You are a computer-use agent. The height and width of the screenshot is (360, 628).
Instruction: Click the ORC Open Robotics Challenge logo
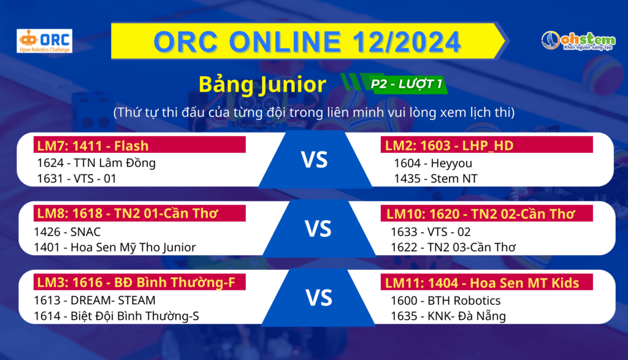[44, 41]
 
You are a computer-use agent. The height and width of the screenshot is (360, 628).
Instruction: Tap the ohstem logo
[578, 41]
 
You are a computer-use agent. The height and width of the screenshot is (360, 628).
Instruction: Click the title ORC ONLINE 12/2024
[307, 42]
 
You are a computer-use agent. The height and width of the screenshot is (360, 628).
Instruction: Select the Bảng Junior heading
[262, 85]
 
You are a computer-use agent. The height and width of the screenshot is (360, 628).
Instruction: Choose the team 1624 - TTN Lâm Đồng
[96, 163]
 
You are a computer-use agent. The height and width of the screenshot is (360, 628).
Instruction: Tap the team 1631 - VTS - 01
[77, 178]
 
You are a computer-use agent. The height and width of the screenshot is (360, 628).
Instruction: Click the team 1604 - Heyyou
[433, 163]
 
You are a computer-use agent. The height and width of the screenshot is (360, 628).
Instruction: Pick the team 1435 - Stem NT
[436, 178]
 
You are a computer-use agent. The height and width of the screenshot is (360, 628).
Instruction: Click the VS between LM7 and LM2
[315, 160]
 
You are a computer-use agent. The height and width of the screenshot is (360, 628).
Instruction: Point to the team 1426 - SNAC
[67, 232]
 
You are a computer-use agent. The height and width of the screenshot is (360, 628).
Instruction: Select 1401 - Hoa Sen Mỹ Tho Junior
[115, 248]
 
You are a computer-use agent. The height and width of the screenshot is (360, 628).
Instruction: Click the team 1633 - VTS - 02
[431, 232]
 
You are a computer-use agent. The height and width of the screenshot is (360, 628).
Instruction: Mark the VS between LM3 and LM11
[319, 298]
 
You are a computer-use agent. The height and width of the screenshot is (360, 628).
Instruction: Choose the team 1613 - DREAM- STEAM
[94, 301]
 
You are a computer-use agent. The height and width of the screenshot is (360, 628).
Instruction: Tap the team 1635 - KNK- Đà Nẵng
[448, 316]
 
